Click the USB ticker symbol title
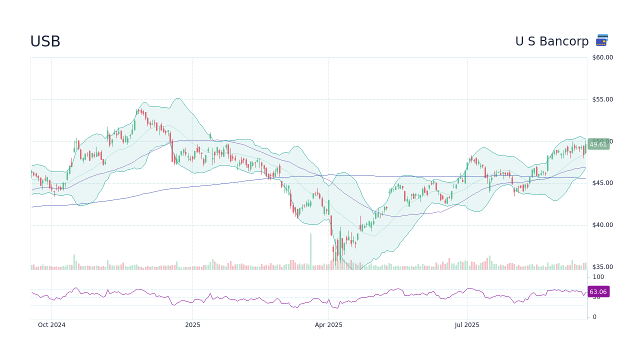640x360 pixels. click(45, 41)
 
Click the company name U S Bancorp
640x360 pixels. click(552, 41)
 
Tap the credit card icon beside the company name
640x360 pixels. click(602, 40)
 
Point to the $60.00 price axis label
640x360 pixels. click(602, 57)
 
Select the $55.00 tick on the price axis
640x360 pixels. click(602, 99)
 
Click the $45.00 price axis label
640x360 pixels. click(602, 183)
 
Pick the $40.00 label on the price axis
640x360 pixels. click(602, 225)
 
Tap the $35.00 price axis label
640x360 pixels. click(602, 267)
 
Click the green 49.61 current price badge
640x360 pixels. click(598, 144)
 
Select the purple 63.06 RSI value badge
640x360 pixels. click(598, 292)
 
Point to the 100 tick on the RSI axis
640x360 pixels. click(598, 277)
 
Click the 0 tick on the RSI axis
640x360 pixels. click(594, 317)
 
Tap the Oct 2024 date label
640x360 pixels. click(51, 325)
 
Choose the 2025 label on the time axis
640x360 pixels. click(192, 325)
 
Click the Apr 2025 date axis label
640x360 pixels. click(328, 325)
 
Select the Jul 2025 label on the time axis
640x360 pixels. click(467, 325)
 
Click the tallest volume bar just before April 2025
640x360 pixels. click(310, 251)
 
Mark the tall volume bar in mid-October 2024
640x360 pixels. click(74, 261)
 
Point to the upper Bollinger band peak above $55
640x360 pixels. click(177, 98)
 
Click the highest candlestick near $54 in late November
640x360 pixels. click(141, 111)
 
